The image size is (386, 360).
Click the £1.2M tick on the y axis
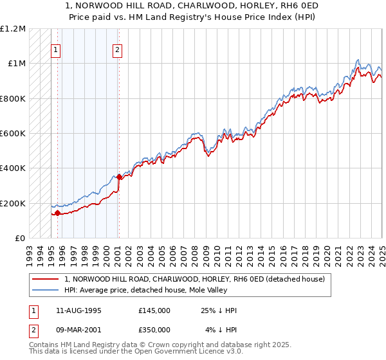13,29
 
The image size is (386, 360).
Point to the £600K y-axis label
13,134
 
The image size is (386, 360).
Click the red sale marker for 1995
58,213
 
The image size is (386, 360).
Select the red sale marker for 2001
119,177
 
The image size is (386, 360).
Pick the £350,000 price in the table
154,330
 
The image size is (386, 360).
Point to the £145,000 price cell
154,310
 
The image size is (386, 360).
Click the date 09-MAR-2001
79,330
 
